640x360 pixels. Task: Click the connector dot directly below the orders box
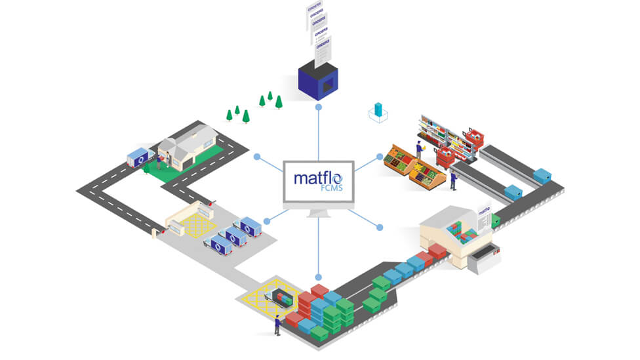[318, 106]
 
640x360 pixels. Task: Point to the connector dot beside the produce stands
[380, 156]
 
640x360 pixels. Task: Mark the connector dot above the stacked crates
[318, 277]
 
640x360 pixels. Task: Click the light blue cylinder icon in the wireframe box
[378, 110]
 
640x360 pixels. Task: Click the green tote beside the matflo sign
[496, 221]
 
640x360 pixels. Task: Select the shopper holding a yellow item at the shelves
[420, 149]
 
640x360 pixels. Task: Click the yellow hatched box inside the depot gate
[193, 225]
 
